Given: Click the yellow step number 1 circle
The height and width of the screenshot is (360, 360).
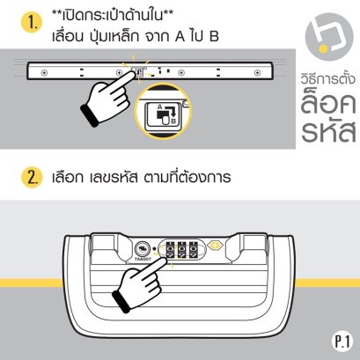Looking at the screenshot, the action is (x=32, y=22).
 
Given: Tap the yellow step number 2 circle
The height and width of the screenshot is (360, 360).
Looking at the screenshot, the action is (x=32, y=177).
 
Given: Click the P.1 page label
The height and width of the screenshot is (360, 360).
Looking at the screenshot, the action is (x=342, y=342).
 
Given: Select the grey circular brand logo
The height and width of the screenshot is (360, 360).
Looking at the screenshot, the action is (x=328, y=37).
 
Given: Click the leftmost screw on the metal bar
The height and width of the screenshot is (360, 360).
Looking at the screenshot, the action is (x=44, y=72).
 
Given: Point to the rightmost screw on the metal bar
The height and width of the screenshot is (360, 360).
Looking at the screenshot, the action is (x=257, y=72).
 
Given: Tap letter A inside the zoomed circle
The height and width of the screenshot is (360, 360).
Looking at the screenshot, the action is (x=159, y=107).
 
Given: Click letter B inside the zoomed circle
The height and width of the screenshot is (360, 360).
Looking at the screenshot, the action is (x=173, y=121).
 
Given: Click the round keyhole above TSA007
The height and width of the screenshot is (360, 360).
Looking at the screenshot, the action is (x=143, y=249).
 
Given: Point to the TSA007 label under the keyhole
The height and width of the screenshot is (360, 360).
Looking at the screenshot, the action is (x=143, y=260).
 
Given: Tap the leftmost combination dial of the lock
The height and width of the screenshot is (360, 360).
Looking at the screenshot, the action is (x=171, y=250).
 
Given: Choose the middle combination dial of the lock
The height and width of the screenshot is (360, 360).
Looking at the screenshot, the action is (x=182, y=250).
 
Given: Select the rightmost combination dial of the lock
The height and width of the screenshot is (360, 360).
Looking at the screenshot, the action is (x=193, y=250).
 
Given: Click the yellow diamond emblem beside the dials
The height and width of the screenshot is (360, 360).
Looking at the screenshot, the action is (x=215, y=246).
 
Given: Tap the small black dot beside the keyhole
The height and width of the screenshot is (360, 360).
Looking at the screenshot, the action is (x=155, y=249).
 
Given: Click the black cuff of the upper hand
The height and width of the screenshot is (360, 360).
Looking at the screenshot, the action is (x=89, y=115).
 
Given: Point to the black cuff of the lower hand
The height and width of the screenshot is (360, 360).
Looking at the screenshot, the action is (x=121, y=302).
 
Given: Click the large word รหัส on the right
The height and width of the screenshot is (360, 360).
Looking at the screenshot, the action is (x=328, y=131).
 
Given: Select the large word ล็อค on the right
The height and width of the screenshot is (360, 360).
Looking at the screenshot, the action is (x=328, y=103).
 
